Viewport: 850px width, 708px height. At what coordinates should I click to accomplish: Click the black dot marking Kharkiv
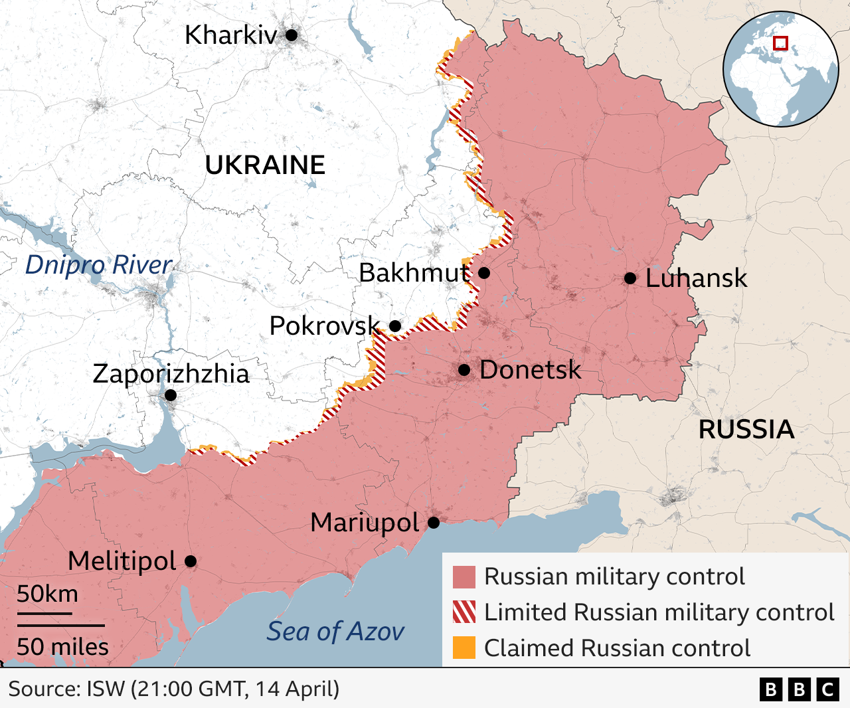pyautogui.click(x=292, y=35)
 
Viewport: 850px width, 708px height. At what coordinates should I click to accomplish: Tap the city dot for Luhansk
pyautogui.click(x=630, y=278)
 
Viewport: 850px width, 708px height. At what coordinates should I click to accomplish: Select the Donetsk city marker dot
pyautogui.click(x=464, y=370)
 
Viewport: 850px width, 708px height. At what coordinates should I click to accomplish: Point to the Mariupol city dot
pyautogui.click(x=434, y=523)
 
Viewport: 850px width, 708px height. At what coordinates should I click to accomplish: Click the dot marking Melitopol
pyautogui.click(x=191, y=561)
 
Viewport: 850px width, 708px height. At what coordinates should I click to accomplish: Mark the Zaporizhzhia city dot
pyautogui.click(x=171, y=395)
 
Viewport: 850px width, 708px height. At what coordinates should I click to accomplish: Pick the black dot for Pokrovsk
pyautogui.click(x=395, y=326)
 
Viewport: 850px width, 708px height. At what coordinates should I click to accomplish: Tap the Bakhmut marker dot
pyautogui.click(x=484, y=273)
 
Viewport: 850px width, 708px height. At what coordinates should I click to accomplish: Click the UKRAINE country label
pyautogui.click(x=265, y=165)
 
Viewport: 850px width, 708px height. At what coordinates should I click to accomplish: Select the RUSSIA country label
pyautogui.click(x=746, y=430)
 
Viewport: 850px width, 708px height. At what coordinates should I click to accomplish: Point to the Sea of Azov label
pyautogui.click(x=335, y=632)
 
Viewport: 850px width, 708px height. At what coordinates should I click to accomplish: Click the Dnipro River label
pyautogui.click(x=98, y=264)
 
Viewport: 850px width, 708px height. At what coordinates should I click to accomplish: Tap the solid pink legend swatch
pyautogui.click(x=464, y=577)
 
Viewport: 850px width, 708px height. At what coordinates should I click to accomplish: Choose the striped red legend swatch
pyautogui.click(x=464, y=612)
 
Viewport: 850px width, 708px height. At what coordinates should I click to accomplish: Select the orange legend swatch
pyautogui.click(x=464, y=648)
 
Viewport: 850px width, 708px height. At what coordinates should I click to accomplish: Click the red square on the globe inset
pyautogui.click(x=781, y=43)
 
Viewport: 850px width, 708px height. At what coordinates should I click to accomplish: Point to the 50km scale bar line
pyautogui.click(x=44, y=613)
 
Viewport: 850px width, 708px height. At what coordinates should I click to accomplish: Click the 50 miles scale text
pyautogui.click(x=62, y=646)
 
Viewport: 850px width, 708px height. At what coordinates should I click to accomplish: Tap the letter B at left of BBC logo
pyautogui.click(x=770, y=690)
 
